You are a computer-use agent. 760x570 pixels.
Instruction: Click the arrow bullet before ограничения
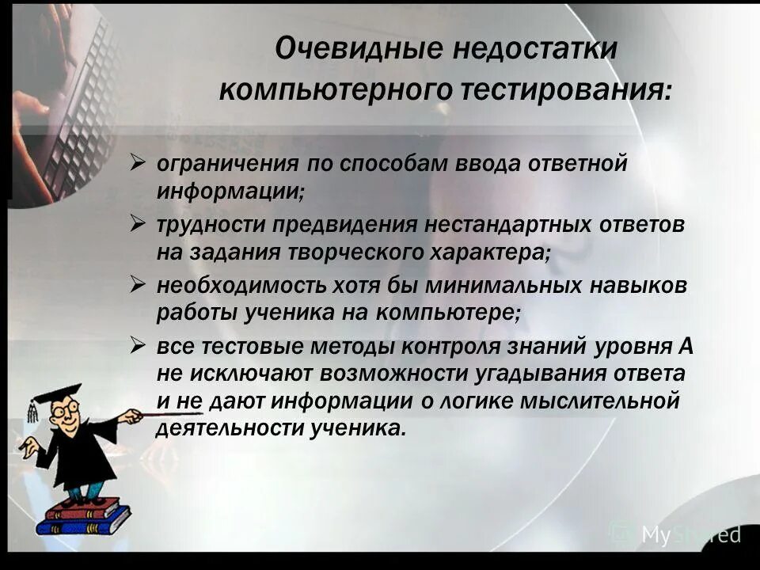tap(138, 165)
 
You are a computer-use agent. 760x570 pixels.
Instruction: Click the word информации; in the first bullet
tap(230, 191)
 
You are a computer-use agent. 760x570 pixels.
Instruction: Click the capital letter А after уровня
tap(686, 347)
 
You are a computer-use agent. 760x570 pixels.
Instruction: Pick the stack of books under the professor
tap(83, 518)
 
